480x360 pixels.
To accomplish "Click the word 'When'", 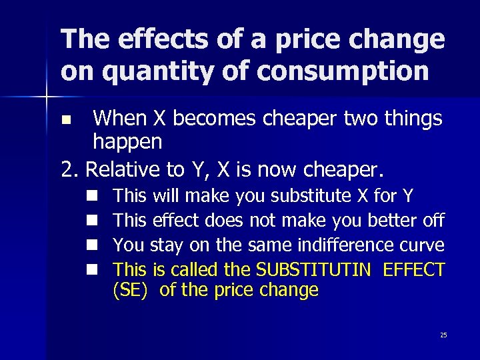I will [120, 119].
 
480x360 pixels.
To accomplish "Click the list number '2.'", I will [70, 169].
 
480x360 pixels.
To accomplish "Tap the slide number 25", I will [443, 335].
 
